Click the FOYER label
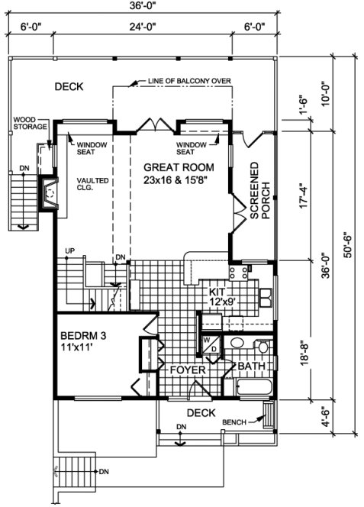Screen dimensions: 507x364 click(186, 370)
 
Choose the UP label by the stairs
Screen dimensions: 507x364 click(70, 250)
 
